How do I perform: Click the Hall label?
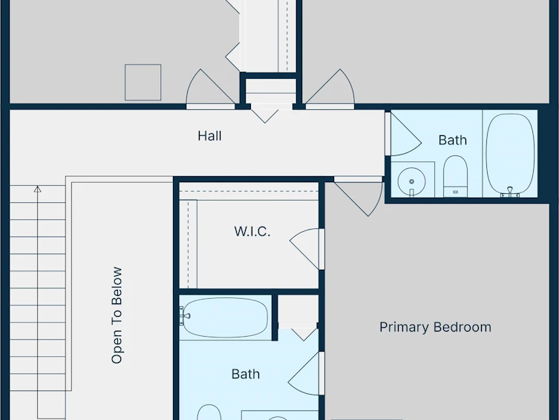pyautogui.click(x=209, y=136)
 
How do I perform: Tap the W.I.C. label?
pyautogui.click(x=252, y=232)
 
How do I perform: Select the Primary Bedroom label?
pyautogui.click(x=435, y=327)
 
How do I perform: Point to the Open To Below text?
pyautogui.click(x=117, y=315)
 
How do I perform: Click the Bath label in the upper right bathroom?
pyautogui.click(x=452, y=140)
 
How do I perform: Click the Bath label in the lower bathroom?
pyautogui.click(x=246, y=374)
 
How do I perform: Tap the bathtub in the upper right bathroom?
pyautogui.click(x=511, y=155)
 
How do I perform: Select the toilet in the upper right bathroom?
pyautogui.click(x=455, y=176)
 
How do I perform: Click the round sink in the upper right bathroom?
pyautogui.click(x=411, y=181)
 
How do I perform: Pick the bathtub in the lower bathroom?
pyautogui.click(x=224, y=317)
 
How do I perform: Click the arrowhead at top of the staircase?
pyautogui.click(x=37, y=189)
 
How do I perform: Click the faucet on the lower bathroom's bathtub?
pyautogui.click(x=185, y=316)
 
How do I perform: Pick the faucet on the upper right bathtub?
pyautogui.click(x=510, y=192)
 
